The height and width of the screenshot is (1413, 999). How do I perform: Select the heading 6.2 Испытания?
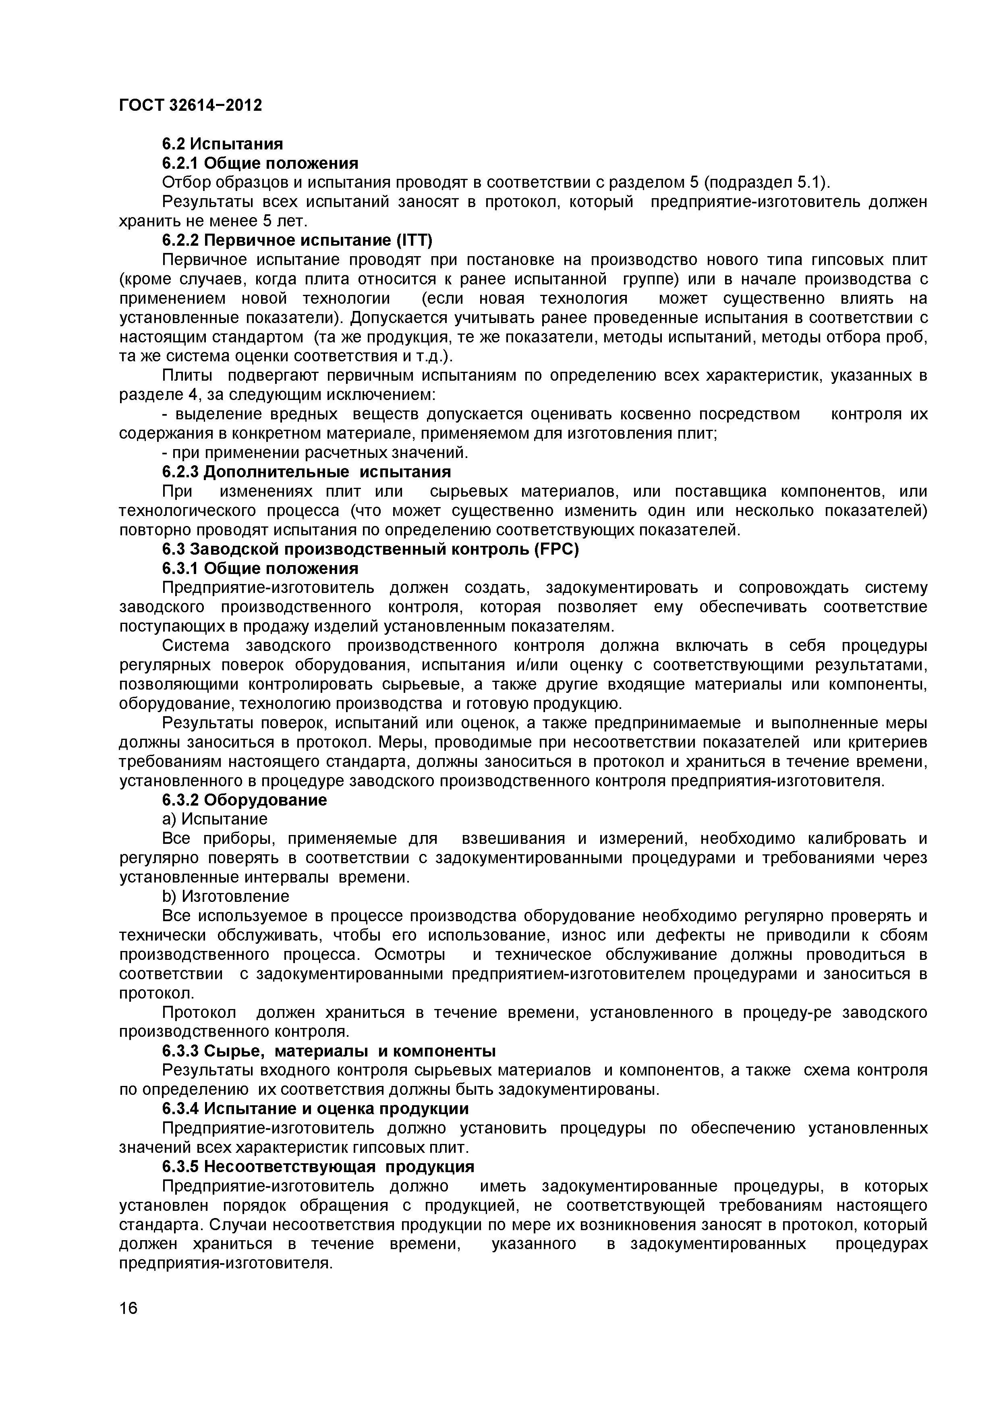click(x=222, y=144)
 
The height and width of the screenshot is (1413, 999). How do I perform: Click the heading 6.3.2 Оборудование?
click(x=245, y=800)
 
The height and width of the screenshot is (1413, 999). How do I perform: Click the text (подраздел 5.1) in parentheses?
click(x=766, y=183)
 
